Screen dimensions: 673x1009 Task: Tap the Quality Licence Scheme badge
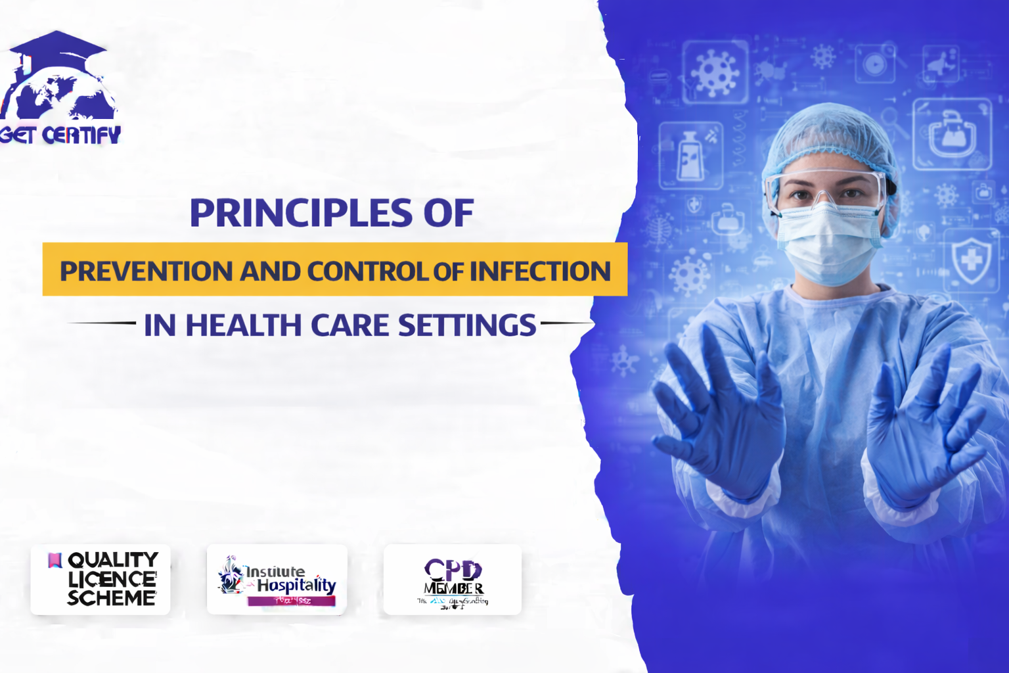101,579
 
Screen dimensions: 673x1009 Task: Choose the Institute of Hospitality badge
277,579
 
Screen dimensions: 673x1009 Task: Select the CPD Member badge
453,579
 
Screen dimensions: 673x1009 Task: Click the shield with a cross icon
971,260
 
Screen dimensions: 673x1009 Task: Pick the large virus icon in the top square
715,71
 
